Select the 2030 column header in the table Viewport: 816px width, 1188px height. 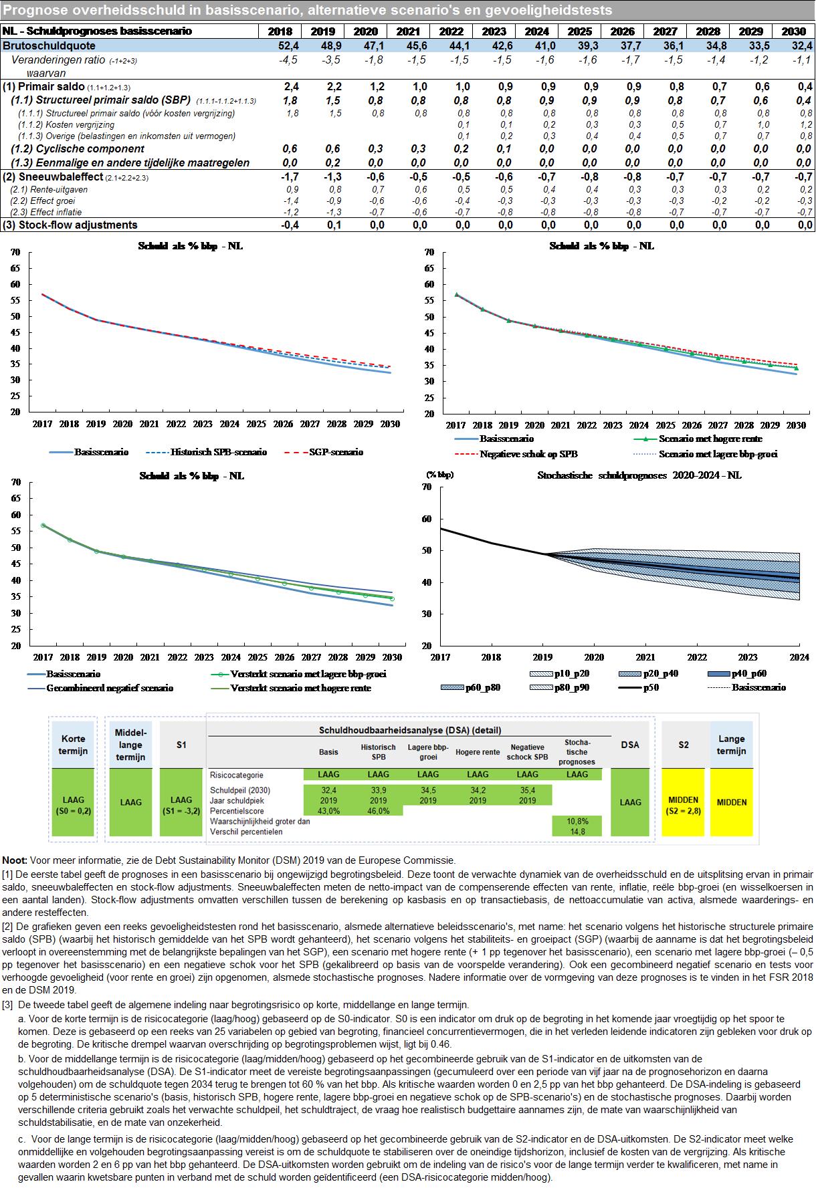point(793,31)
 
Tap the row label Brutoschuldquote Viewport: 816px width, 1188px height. point(49,45)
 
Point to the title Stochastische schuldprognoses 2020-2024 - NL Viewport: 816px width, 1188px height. point(639,476)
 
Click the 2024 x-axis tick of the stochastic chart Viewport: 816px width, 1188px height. point(799,658)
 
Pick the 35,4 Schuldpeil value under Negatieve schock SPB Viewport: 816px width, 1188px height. point(528,790)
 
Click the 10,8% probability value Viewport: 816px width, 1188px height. point(577,821)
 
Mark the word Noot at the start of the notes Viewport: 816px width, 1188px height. point(14,860)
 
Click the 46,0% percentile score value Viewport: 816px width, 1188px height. point(379,811)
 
